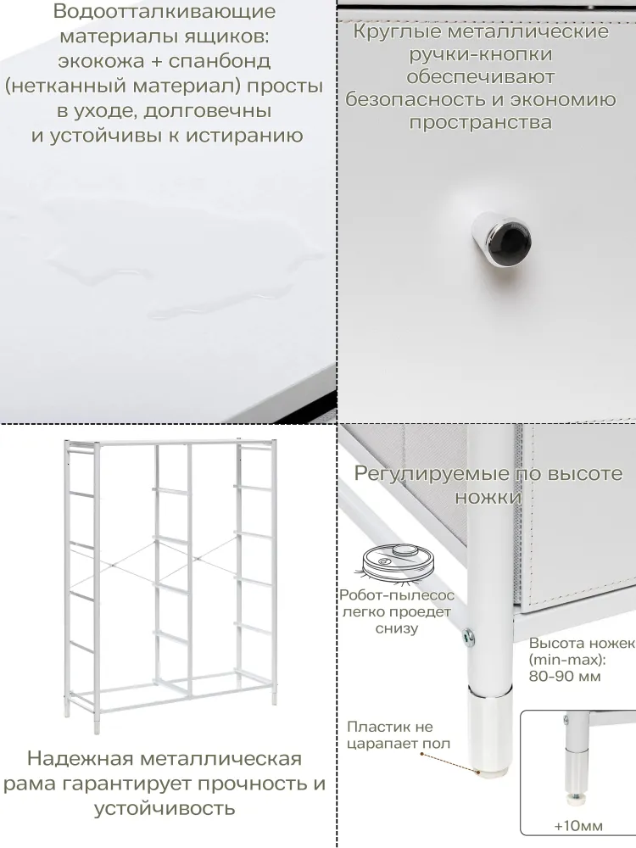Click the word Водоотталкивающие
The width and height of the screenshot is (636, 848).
click(x=165, y=12)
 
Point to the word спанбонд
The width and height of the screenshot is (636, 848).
click(x=220, y=61)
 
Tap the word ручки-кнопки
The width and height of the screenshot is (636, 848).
click(x=481, y=54)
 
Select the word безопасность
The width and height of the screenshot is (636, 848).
click(x=416, y=99)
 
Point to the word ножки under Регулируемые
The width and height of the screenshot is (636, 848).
click(x=488, y=497)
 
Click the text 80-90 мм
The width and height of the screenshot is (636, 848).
click(x=565, y=676)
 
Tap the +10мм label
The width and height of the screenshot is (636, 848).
click(x=578, y=826)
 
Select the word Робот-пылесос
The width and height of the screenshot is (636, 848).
click(x=397, y=595)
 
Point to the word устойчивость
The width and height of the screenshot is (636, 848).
click(x=165, y=808)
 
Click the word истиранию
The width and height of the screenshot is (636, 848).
click(x=245, y=135)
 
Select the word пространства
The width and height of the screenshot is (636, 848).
click(x=481, y=122)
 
